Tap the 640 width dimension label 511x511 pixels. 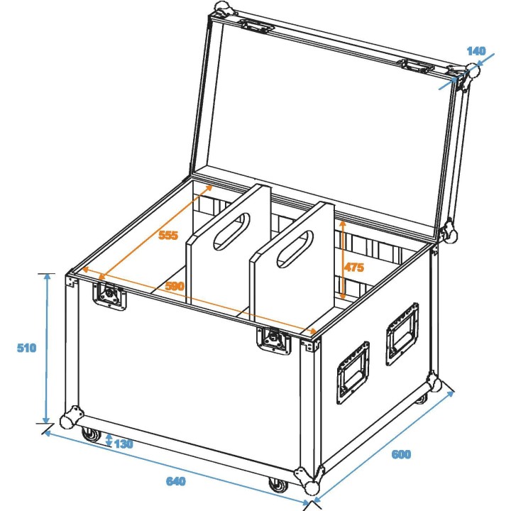coord(175,481)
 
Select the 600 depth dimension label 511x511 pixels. coord(400,454)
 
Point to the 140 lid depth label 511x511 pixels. coord(476,50)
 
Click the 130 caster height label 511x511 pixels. coord(123,444)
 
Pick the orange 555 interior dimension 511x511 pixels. coord(168,236)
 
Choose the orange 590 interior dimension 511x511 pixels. coord(175,286)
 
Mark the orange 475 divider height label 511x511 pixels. coord(353,268)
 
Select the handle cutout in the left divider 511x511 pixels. coord(231,229)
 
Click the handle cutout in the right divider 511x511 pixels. coord(294,250)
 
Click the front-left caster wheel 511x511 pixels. coord(92,434)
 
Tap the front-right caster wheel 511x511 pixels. coord(277,485)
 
